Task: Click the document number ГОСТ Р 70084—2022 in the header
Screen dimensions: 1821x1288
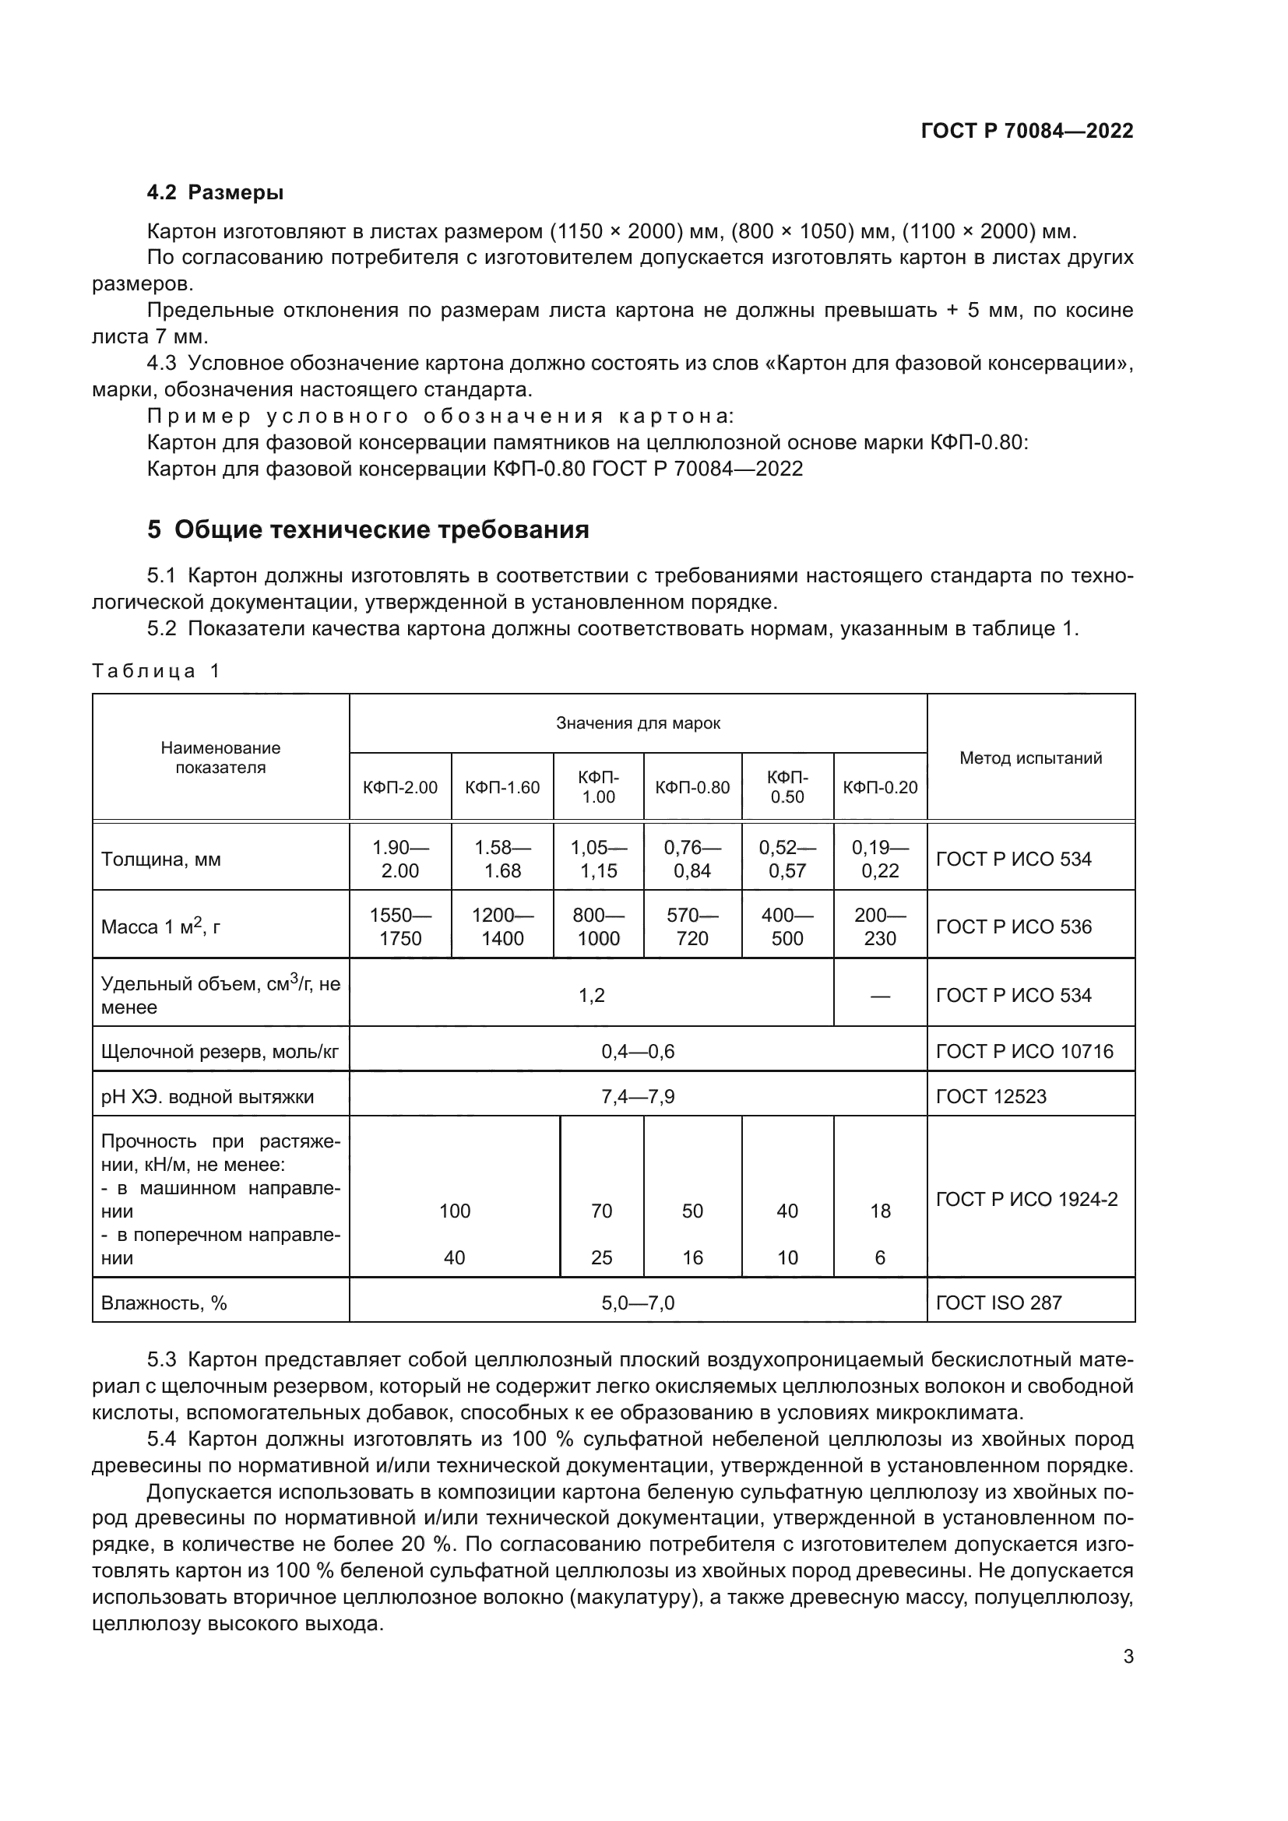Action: click(x=1026, y=132)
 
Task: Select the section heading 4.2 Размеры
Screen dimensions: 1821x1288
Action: click(x=215, y=193)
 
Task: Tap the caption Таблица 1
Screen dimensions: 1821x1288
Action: click(x=156, y=671)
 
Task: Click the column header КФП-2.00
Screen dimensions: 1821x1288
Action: click(x=399, y=788)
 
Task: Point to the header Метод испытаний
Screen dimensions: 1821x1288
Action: click(x=1030, y=758)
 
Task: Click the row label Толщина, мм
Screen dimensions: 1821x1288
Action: click(x=161, y=860)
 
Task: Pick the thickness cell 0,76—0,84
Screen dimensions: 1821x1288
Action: click(x=692, y=859)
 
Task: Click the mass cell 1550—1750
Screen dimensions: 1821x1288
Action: click(x=399, y=926)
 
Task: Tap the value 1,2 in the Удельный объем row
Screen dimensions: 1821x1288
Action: click(x=592, y=996)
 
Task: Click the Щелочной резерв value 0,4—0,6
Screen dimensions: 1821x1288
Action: click(x=638, y=1052)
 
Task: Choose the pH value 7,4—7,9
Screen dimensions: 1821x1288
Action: click(x=638, y=1097)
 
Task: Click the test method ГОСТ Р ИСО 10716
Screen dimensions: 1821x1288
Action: click(x=1024, y=1052)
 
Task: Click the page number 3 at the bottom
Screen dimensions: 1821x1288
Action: click(x=1128, y=1657)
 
